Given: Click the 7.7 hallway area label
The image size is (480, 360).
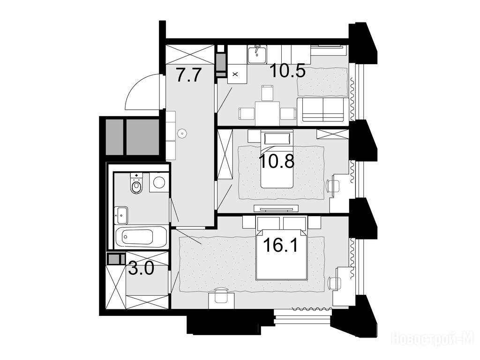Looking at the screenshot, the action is click(188, 75).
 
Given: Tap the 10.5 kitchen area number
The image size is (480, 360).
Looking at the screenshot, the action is click(287, 71).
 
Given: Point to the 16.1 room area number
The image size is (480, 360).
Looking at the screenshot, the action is click(280, 245).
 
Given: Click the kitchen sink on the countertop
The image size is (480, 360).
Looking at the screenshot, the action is click(257, 54).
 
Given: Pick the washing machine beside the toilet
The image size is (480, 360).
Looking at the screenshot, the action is click(159, 182).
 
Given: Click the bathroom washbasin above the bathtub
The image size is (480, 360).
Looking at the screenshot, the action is click(121, 215).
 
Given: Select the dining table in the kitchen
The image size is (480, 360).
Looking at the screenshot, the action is click(267, 113).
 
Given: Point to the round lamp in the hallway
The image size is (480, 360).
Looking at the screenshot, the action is click(182, 133).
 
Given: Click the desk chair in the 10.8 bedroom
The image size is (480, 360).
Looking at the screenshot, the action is click(333, 186).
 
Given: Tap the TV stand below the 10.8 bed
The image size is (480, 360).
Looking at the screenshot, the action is click(276, 209).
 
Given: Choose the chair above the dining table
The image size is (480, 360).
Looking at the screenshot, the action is click(267, 93).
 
